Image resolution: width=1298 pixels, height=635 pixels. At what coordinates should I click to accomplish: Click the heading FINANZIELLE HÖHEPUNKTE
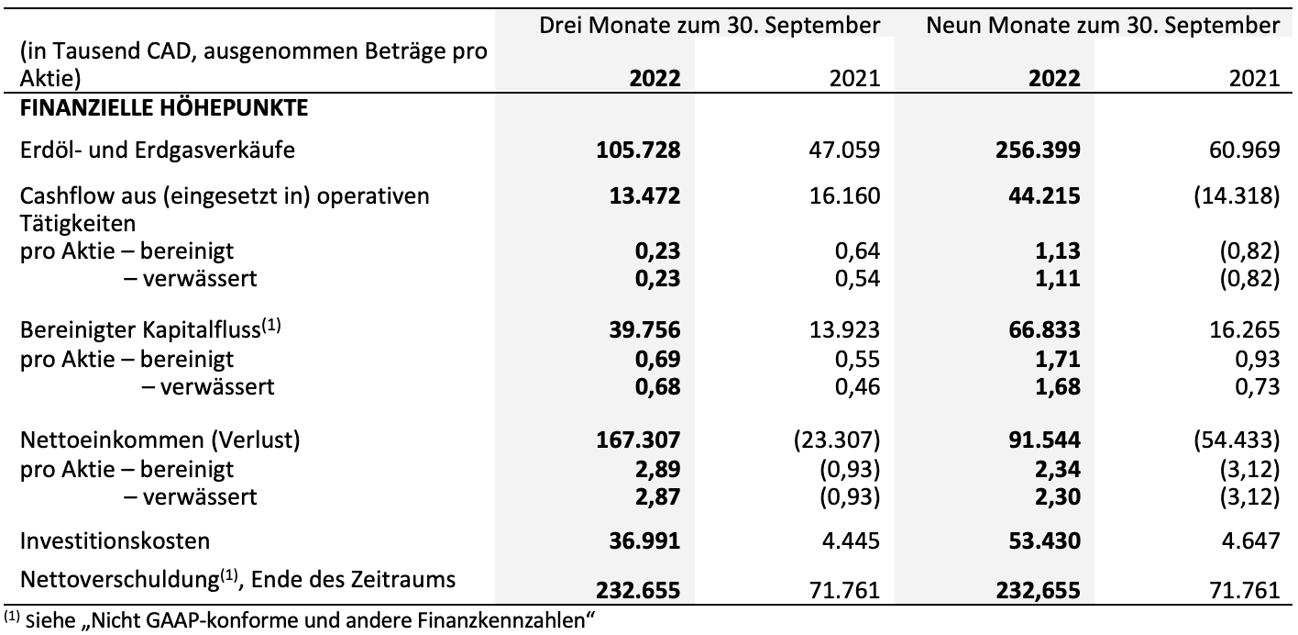(x=164, y=108)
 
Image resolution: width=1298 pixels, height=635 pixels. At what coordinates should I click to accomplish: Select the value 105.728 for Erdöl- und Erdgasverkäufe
(x=639, y=150)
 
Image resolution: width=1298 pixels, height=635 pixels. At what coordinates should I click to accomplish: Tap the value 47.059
(x=844, y=150)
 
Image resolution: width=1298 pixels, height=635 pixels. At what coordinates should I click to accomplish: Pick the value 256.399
(x=1039, y=150)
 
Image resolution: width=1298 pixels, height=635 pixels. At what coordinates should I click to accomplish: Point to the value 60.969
(x=1244, y=150)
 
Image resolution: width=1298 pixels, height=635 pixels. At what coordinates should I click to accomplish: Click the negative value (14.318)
(x=1237, y=196)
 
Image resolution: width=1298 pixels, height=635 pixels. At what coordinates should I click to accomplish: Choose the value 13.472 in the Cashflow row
(x=645, y=196)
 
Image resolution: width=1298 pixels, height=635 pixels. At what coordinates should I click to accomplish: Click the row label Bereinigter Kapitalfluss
(x=150, y=329)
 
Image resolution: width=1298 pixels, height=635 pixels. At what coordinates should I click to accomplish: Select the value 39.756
(x=645, y=330)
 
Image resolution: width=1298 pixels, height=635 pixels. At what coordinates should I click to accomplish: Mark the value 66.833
(x=1044, y=330)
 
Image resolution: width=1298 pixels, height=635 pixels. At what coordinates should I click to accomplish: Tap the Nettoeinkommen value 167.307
(x=639, y=440)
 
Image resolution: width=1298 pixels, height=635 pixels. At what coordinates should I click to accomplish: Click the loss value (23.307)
(x=837, y=440)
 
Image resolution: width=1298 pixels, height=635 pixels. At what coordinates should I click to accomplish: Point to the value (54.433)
(x=1237, y=440)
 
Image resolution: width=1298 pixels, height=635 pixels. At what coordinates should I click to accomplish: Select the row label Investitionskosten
(x=115, y=541)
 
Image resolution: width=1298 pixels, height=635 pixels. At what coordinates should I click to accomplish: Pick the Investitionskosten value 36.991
(x=645, y=541)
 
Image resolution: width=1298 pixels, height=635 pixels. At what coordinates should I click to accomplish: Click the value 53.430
(x=1044, y=541)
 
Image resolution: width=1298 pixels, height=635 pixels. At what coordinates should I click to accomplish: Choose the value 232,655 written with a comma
(x=1039, y=590)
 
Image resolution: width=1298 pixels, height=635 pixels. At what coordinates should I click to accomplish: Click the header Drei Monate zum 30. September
(x=709, y=26)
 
